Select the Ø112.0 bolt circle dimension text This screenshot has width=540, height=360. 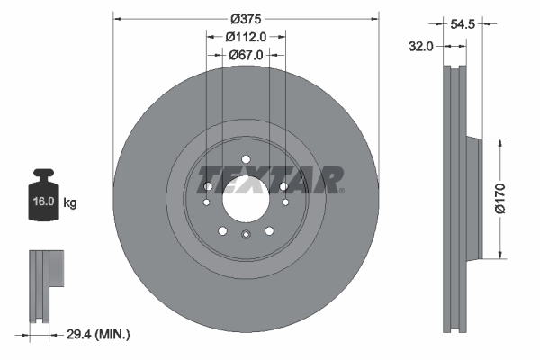[x=246, y=38]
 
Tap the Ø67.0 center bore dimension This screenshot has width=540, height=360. [x=246, y=56]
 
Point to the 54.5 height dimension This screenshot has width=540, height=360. [x=463, y=24]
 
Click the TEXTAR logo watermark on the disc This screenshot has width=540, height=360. [x=270, y=180]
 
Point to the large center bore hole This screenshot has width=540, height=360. [x=246, y=202]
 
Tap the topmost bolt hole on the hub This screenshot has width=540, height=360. [x=246, y=163]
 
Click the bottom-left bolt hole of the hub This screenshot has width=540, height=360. [x=222, y=230]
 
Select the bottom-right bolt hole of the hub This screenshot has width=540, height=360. [x=269, y=230]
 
